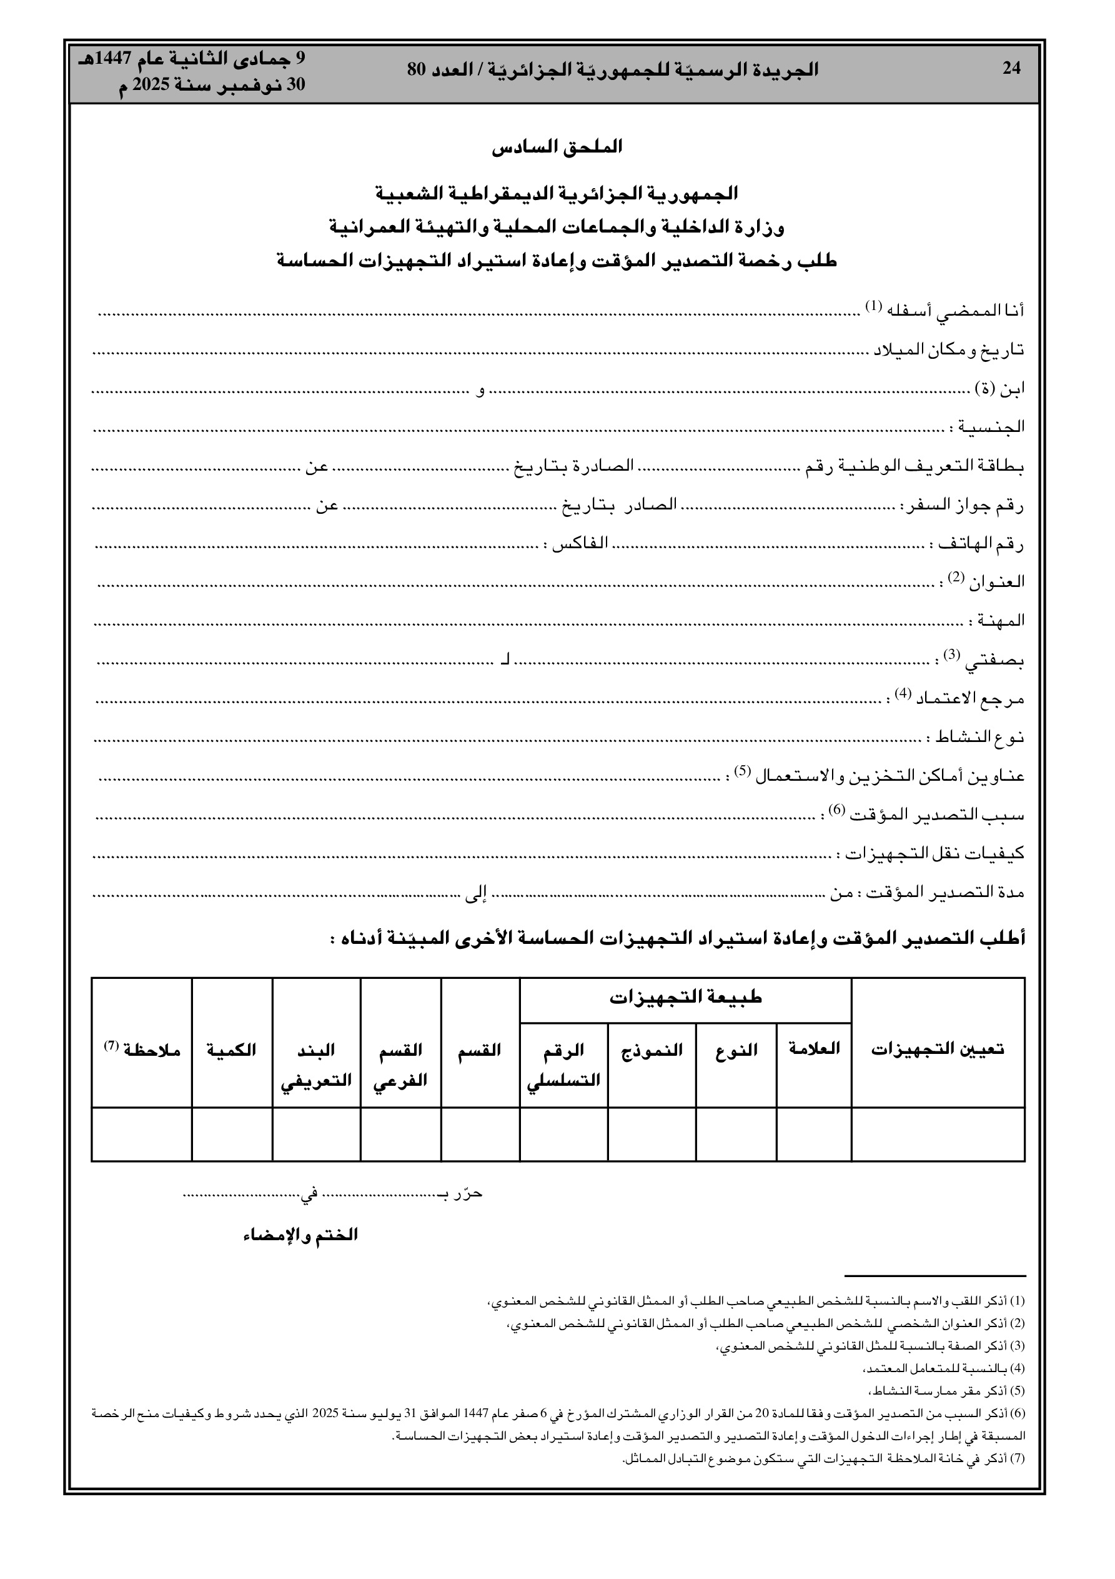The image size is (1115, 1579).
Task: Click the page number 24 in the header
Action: [x=1011, y=68]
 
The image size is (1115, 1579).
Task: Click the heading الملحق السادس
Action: [x=557, y=146]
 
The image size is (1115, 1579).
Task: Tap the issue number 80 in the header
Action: [x=418, y=69]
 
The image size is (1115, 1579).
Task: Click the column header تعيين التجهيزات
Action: [x=938, y=1050]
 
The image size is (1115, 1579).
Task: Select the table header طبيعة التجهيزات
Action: [x=685, y=997]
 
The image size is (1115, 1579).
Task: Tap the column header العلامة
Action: [x=814, y=1049]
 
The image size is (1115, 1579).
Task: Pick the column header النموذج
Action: [x=652, y=1050]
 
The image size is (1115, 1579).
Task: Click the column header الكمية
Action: [x=232, y=1050]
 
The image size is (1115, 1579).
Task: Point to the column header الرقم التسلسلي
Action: [x=563, y=1065]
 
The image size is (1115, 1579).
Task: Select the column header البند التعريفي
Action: [x=316, y=1065]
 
